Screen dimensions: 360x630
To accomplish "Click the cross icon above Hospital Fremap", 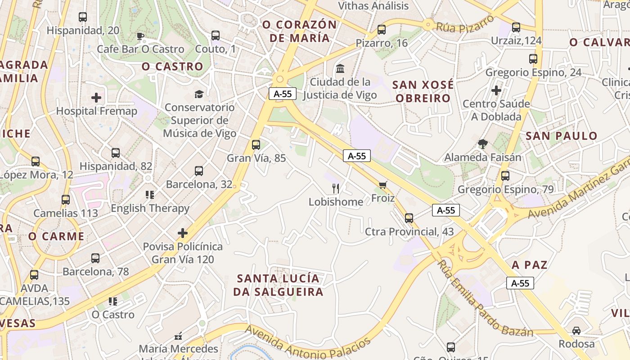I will tap(96, 97).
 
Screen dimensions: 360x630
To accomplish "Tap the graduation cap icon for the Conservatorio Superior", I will tap(198, 94).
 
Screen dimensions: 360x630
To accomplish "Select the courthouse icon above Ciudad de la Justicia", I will tap(340, 69).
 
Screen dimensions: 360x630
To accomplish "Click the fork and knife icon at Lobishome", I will tap(336, 188).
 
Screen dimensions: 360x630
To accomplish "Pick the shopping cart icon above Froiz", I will tap(383, 184).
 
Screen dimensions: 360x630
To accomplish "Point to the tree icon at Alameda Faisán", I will tap(483, 144).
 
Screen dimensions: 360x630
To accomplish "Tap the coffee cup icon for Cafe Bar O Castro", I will tap(140, 36).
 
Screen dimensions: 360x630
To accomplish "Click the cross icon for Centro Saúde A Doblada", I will tap(496, 90).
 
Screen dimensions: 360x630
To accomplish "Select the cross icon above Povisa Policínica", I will tap(182, 233).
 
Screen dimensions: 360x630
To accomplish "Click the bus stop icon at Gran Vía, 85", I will tap(256, 144).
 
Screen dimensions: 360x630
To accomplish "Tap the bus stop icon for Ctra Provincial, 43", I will tap(409, 218).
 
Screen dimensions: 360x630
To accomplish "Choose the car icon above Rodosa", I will tap(576, 330).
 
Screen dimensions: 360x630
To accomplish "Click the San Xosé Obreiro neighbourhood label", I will tap(423, 91).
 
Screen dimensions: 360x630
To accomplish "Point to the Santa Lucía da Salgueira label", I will tap(278, 285).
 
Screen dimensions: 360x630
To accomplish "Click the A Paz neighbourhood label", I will tap(530, 265).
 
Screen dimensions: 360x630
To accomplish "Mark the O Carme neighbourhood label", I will tap(56, 236).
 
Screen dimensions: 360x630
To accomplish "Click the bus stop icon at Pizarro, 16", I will tap(382, 30).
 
